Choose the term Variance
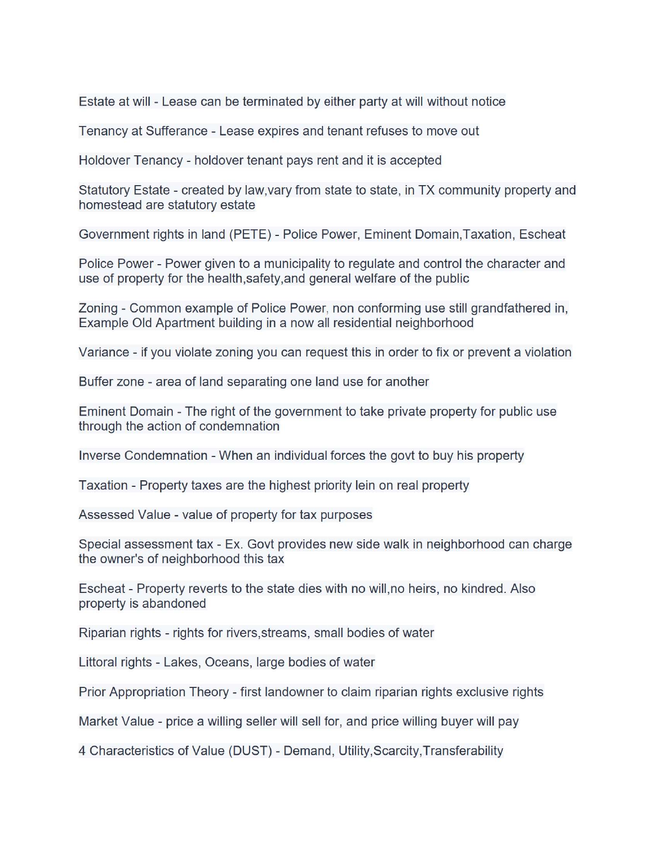104,352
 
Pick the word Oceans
227,662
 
